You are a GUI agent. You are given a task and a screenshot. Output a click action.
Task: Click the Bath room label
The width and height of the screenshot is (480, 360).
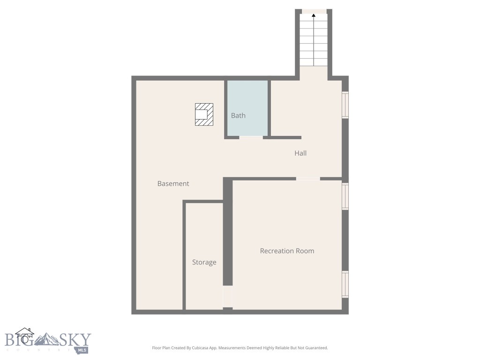[x=238, y=115]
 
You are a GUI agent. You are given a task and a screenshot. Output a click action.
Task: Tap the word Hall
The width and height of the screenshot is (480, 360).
[x=300, y=153]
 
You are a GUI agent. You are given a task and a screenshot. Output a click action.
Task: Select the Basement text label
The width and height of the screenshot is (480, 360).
[x=173, y=184]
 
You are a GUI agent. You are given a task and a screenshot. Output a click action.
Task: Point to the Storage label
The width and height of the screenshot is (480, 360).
[x=204, y=262]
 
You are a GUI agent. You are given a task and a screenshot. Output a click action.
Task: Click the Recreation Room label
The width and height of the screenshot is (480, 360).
[x=287, y=251]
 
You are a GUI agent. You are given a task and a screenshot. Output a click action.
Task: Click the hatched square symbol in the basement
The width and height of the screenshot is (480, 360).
[x=204, y=114]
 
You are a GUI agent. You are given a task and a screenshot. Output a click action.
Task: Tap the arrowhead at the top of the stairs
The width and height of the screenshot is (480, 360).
[x=314, y=15]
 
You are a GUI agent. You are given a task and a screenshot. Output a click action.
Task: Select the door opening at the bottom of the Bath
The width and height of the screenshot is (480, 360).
[x=251, y=137]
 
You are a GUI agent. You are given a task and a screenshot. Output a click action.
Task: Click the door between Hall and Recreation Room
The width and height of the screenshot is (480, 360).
[x=308, y=179]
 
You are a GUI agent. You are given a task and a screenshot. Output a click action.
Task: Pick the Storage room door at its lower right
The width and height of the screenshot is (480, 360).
[x=227, y=296]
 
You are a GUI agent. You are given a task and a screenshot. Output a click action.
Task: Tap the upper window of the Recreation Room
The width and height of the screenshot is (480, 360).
[x=345, y=196]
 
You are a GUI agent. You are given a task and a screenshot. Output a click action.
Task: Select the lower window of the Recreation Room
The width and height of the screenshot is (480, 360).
[x=345, y=284]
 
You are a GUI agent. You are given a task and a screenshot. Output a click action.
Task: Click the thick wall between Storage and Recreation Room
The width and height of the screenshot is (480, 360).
[x=228, y=234]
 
